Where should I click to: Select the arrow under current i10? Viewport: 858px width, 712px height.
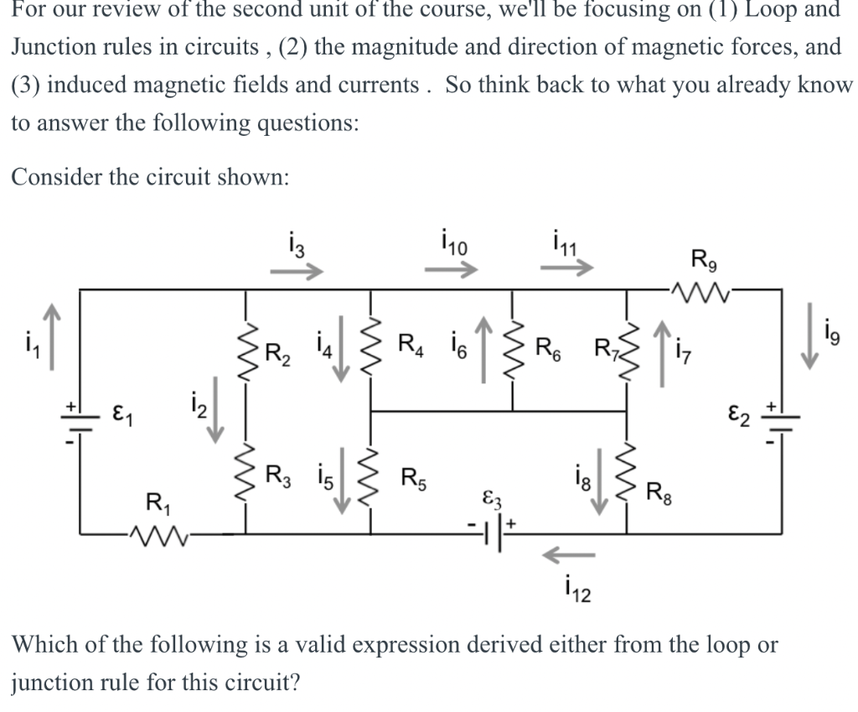(x=449, y=270)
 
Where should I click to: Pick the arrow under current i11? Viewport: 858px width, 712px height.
(x=567, y=270)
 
